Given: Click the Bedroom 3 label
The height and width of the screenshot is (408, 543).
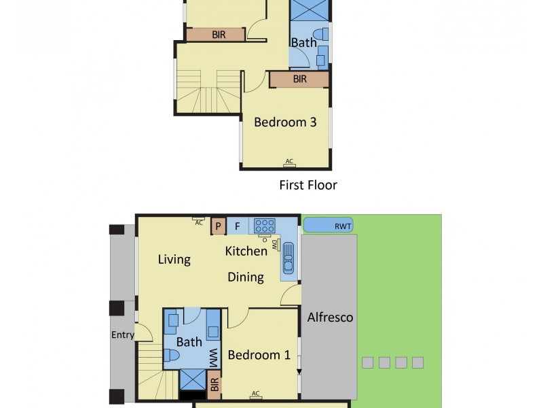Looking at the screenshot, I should tap(285, 122).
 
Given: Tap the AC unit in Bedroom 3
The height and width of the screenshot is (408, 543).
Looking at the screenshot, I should tap(289, 162).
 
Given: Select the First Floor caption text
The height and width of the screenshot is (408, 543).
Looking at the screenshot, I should tap(308, 185).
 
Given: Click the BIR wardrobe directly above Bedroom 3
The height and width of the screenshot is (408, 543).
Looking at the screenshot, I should tap(299, 80).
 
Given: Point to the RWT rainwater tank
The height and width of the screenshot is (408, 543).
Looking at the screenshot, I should tap(329, 225).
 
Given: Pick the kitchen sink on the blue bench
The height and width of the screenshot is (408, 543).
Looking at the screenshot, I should tap(288, 258).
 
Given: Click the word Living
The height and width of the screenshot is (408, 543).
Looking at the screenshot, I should tap(174, 259).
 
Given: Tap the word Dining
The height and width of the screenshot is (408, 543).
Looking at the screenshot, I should tap(246, 277).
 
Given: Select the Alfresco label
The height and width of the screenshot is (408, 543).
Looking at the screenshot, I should tap(330, 318).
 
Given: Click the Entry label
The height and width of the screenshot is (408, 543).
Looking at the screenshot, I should tap(123, 335).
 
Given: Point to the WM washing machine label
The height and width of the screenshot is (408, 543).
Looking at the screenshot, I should tap(213, 356).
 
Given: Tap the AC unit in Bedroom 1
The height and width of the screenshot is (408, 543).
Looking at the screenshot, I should tap(256, 394).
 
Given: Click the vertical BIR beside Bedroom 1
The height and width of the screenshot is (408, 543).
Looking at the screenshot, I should tap(214, 386).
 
